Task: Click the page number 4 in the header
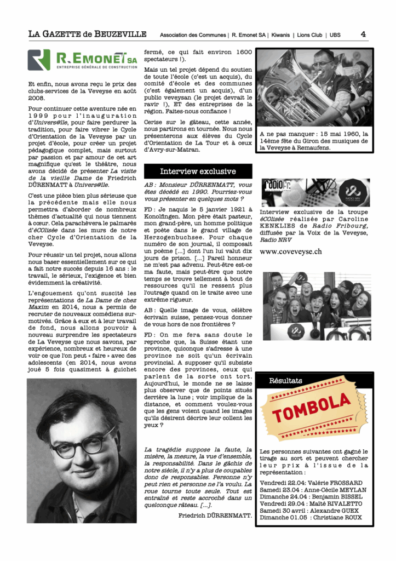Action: (x=363, y=34)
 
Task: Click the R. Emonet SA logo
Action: (x=82, y=60)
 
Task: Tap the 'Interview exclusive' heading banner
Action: (x=198, y=171)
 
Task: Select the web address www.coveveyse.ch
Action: (x=290, y=251)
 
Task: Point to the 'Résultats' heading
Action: (x=286, y=380)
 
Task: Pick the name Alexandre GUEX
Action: (x=338, y=510)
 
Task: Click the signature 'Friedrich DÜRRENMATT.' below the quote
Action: (x=215, y=516)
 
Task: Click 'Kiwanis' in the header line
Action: (x=282, y=35)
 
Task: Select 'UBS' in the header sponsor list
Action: (x=335, y=35)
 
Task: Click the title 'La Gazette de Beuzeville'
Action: (x=88, y=34)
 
